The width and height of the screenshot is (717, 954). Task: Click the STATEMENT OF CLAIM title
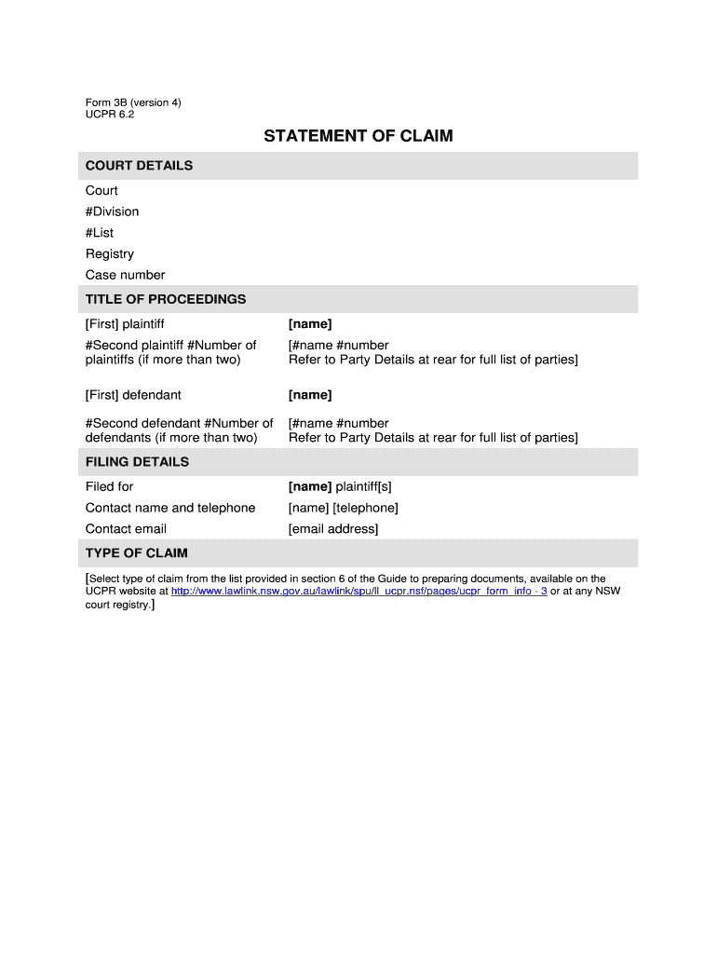tap(358, 136)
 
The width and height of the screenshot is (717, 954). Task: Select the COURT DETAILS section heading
tap(139, 166)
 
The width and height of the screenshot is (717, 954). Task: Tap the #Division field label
tap(112, 211)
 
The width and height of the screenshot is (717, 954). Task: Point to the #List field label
tap(100, 233)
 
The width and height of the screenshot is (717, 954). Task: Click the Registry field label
tap(110, 253)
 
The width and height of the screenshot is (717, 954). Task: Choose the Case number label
tap(125, 275)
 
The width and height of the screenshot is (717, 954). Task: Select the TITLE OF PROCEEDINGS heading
tap(166, 299)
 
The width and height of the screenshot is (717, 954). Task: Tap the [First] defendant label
tap(133, 395)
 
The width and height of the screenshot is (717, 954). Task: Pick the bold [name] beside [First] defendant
tap(310, 395)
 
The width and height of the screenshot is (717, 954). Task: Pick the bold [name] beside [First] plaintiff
tap(310, 324)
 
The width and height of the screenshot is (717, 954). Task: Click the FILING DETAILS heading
tap(137, 462)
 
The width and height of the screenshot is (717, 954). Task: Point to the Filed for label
tap(110, 486)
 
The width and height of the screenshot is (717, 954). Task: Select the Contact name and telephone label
tap(170, 508)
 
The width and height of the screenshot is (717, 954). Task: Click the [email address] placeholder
tap(333, 529)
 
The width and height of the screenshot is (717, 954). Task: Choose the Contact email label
tap(126, 529)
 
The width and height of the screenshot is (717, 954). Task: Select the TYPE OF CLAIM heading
tap(136, 553)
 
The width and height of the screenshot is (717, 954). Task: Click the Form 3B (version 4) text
tap(133, 102)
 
